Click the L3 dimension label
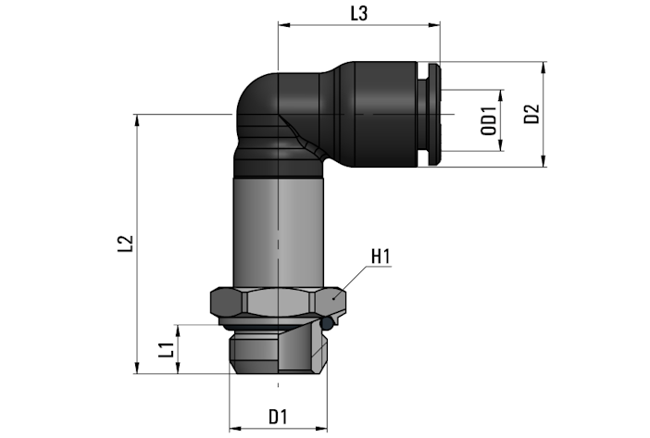359,14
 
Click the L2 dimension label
125,244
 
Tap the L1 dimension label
167,350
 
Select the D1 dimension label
278,417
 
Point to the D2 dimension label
531,114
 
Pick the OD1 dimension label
489,120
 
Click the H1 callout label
381,257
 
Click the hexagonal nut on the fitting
278,302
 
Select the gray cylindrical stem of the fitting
278,232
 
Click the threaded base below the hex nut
278,352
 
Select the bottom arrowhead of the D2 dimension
544,161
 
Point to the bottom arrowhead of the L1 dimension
179,368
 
